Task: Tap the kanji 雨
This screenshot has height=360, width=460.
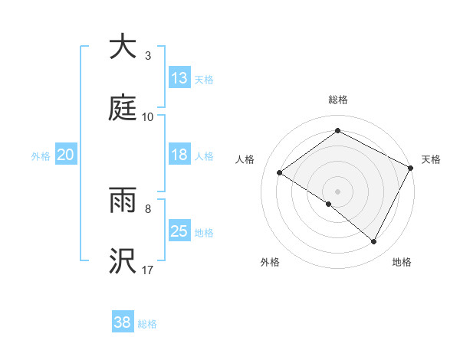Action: tap(123, 200)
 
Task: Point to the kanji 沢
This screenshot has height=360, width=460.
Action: tap(123, 261)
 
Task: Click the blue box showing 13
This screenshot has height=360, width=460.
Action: tap(179, 78)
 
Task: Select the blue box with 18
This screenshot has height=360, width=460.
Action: tap(179, 155)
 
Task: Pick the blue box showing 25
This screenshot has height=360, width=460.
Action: tap(179, 231)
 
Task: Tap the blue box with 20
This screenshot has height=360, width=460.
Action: tap(65, 155)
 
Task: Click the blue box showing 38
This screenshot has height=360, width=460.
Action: tap(123, 322)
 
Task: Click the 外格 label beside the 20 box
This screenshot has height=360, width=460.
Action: tap(41, 155)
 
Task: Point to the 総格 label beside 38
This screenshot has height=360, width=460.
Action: tap(147, 323)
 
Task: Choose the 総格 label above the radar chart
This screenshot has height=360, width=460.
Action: tap(338, 100)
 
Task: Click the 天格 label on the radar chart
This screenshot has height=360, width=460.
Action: tap(431, 159)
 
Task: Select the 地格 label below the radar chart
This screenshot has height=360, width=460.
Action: tap(402, 262)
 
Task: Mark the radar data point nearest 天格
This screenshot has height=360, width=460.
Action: tap(411, 167)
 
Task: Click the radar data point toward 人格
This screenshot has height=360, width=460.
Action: tap(280, 172)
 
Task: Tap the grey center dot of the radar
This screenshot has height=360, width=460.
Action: tap(337, 191)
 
